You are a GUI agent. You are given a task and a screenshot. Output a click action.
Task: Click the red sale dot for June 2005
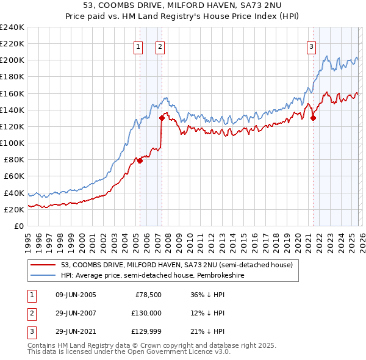(140, 161)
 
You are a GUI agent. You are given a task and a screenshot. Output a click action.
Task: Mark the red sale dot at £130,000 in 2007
(162, 118)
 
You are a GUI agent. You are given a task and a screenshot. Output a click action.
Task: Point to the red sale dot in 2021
(313, 118)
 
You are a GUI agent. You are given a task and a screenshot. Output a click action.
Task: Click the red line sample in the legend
(44, 265)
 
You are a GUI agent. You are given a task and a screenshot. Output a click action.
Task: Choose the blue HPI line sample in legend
(44, 275)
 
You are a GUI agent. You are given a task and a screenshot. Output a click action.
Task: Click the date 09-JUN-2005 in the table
(76, 295)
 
